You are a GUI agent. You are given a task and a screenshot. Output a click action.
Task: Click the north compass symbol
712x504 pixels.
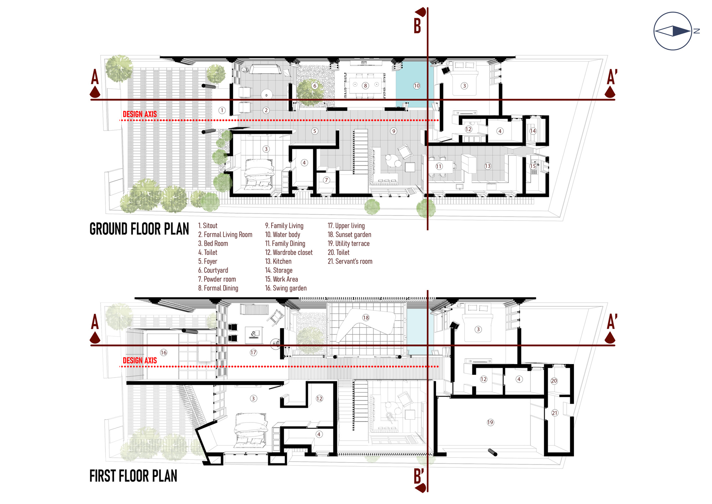coord(672,31)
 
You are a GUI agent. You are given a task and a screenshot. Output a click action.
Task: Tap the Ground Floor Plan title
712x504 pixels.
coord(139,229)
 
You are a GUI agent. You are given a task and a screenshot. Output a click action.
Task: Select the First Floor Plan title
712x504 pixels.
coord(133,476)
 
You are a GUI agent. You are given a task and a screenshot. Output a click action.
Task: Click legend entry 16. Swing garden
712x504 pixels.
coord(286,288)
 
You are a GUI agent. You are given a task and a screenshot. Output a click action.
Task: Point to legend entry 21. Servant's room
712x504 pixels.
coord(350,261)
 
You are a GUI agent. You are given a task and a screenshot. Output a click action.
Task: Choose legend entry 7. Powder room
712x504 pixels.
coord(217,279)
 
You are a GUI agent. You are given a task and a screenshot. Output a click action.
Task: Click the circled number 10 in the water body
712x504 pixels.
coord(417,86)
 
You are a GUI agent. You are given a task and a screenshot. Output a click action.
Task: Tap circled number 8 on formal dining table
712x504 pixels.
coord(365,86)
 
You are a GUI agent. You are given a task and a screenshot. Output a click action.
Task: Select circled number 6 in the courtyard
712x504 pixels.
coord(314,86)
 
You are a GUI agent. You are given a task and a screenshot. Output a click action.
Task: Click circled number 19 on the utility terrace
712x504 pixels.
coord(490,422)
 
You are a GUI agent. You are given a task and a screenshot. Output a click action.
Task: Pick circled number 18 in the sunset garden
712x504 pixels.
coord(366,318)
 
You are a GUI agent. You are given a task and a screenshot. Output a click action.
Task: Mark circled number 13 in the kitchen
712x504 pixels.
coord(487,166)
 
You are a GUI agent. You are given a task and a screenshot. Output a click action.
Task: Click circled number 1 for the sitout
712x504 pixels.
coord(222,110)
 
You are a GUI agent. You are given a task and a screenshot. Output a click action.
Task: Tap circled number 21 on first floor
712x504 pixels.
coord(555,413)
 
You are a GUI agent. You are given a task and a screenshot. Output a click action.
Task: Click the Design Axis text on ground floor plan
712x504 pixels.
coord(140,114)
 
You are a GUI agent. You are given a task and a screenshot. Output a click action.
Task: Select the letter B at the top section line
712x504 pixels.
coord(417,26)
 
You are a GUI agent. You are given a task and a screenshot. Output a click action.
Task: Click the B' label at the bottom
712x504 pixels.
coord(419,476)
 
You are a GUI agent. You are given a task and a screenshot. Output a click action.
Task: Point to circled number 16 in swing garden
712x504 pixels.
coord(163,353)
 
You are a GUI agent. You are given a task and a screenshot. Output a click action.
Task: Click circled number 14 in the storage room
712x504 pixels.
coord(533,131)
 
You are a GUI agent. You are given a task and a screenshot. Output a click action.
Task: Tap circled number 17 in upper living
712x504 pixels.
coord(253,353)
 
